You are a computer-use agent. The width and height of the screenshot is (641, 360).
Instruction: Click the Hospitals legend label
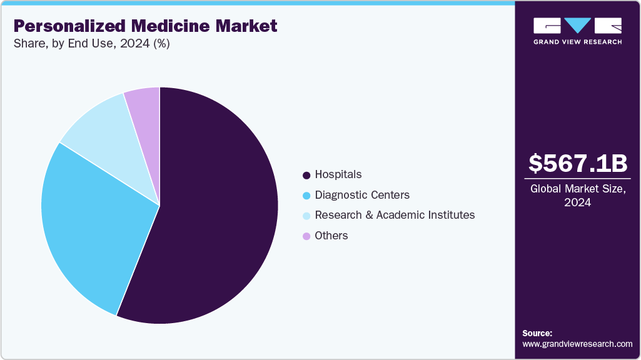click(x=338, y=174)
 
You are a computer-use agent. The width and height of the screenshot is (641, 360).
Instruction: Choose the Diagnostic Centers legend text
click(x=362, y=195)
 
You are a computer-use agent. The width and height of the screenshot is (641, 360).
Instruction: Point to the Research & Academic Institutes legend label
click(x=395, y=215)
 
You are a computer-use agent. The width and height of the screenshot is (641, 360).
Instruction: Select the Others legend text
click(x=331, y=236)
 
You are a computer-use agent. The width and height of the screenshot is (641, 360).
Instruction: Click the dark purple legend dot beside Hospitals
click(x=306, y=175)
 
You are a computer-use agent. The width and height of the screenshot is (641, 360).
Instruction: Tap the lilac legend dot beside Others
click(x=306, y=236)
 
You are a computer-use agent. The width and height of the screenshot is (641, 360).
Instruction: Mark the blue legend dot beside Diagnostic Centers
click(x=306, y=196)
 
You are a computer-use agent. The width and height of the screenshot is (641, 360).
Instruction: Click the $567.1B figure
click(x=577, y=163)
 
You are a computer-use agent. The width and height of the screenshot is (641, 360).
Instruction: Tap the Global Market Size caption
click(x=577, y=189)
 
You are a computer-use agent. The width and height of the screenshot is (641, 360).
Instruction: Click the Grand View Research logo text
click(x=577, y=42)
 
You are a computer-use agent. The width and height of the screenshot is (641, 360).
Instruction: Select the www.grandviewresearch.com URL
click(x=577, y=344)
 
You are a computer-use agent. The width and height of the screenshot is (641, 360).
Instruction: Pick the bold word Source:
click(x=537, y=333)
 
